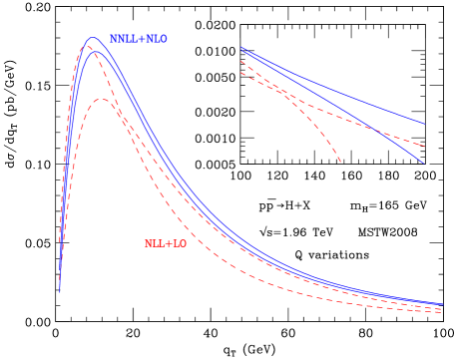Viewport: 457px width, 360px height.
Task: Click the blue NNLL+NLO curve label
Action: coord(138,39)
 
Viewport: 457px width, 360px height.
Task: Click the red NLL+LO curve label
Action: coord(166,243)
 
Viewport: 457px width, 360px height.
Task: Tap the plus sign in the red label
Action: coord(168,243)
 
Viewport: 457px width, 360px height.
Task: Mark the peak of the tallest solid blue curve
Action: coord(92,38)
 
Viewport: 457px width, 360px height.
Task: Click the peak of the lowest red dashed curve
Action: coord(102,99)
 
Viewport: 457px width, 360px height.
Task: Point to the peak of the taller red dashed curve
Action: coord(87,47)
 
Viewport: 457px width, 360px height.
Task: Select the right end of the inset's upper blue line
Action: coord(425,125)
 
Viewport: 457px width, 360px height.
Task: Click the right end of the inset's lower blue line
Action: coord(424,164)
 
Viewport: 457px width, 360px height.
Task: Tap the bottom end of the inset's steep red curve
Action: coord(340,162)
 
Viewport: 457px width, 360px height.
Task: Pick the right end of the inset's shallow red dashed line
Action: coord(424,140)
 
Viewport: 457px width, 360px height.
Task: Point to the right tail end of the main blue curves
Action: coord(442,304)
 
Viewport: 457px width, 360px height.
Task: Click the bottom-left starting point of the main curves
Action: coord(60,292)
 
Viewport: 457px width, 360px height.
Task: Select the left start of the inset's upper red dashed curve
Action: coord(241,62)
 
